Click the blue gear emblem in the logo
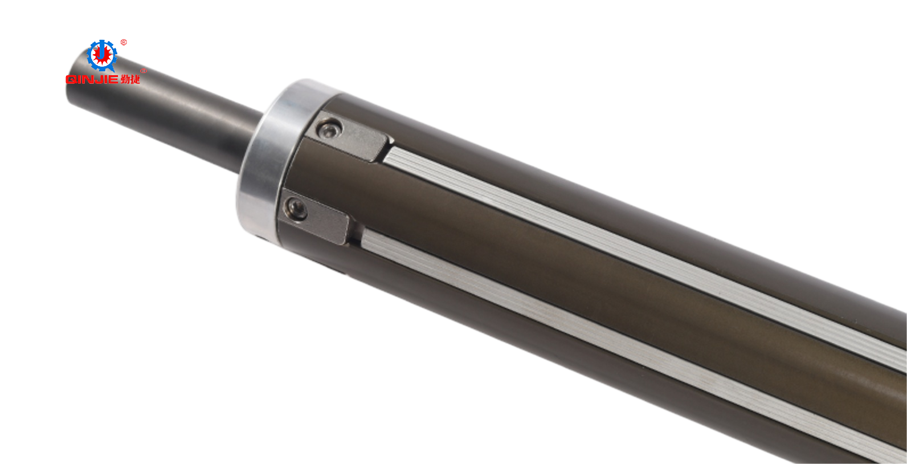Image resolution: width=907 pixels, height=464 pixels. click(102, 55)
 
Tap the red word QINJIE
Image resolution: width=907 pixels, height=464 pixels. click(92, 79)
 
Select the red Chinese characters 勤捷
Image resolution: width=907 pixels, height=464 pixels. click(130, 79)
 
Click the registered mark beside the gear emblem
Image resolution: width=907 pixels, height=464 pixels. click(124, 42)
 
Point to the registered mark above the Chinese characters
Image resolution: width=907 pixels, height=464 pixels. click(143, 71)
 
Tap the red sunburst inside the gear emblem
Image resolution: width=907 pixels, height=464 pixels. click(102, 55)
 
